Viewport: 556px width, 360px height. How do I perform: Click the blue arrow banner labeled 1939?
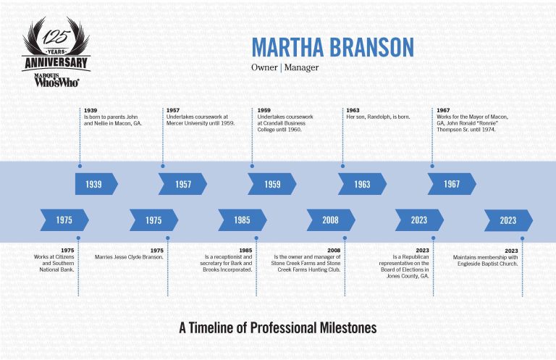96,184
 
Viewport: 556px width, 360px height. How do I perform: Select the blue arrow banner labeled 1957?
182,184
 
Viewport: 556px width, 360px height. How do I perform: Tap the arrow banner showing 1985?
243,220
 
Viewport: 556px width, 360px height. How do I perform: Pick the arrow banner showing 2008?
331,220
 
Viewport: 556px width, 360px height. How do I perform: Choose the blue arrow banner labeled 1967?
452,184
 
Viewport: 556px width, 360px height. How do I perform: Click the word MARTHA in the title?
287,47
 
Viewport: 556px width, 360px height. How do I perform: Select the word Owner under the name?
264,67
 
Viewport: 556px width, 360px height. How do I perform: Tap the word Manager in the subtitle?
301,68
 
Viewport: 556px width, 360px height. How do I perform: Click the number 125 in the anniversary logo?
56,36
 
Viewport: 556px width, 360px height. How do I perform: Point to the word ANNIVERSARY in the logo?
56,63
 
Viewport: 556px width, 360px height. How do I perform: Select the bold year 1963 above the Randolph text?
353,110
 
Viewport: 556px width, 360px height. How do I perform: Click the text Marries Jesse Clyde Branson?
129,257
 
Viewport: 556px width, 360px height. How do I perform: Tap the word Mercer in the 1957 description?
174,123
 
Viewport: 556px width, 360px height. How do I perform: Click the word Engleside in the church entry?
469,264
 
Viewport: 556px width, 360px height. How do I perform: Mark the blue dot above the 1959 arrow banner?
252,166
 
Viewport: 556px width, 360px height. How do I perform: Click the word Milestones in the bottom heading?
348,327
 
